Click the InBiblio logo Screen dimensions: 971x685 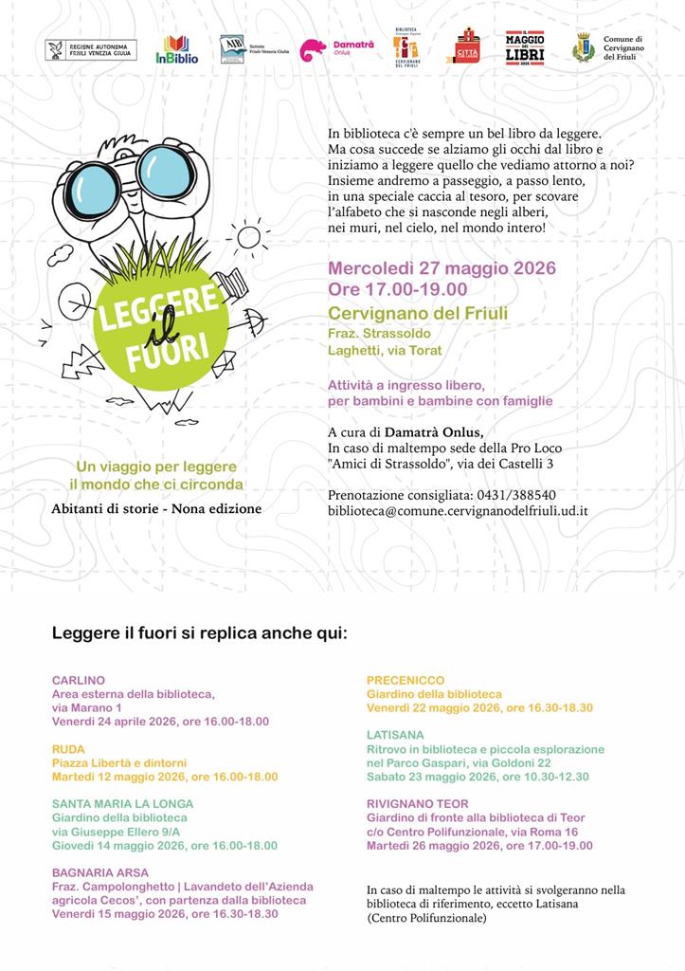click(x=177, y=49)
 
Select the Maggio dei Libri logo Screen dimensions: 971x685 click(x=524, y=47)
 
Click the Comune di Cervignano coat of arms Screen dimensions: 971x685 click(x=585, y=46)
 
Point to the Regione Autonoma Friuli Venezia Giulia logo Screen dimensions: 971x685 click(x=91, y=49)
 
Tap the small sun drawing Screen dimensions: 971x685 click(x=249, y=234)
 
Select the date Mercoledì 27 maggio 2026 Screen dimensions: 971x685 click(x=442, y=268)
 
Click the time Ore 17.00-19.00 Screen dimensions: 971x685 click(x=398, y=289)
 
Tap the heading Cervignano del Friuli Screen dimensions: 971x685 click(x=417, y=314)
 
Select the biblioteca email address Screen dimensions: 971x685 click(x=458, y=510)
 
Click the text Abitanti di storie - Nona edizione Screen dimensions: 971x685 click(x=156, y=508)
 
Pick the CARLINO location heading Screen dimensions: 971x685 click(x=79, y=680)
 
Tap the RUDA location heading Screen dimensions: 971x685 click(x=68, y=748)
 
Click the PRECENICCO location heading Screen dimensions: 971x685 click(x=406, y=680)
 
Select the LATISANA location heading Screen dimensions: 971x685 click(x=395, y=735)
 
